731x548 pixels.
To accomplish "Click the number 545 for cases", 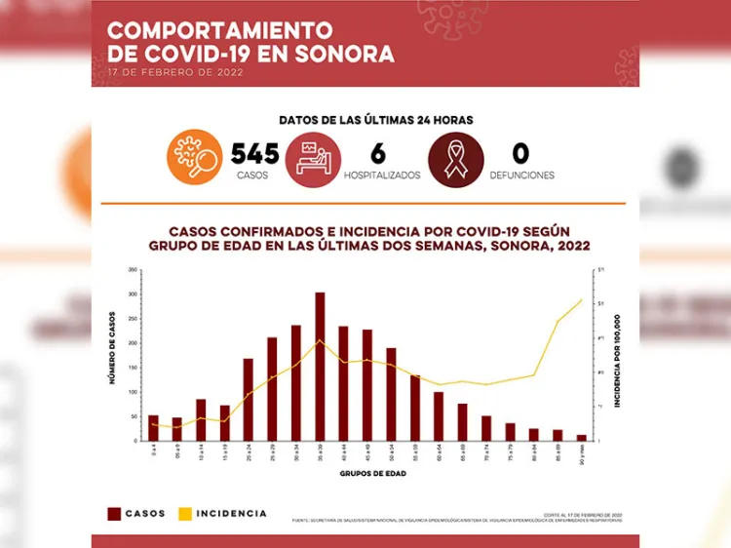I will click(254, 154).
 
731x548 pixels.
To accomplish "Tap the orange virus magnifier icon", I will click(195, 157).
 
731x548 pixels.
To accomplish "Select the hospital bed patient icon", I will click(313, 157).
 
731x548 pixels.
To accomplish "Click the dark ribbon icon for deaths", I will click(456, 157).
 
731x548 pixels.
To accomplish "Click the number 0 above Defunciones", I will click(520, 154).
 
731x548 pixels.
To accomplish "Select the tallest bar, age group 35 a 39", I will click(320, 366).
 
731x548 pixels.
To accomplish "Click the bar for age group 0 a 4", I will click(153, 428).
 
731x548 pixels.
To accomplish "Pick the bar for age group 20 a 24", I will click(249, 399).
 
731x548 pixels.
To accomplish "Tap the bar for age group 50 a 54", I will click(391, 394).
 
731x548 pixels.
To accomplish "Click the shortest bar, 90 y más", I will click(582, 438).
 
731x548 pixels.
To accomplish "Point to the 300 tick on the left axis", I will click(132, 294).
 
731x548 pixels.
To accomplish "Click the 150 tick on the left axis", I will click(132, 368).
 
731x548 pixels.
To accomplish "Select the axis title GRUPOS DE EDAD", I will click(367, 474).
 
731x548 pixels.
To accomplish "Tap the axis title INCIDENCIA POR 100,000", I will click(617, 356).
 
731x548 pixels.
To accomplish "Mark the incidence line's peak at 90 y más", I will click(582, 300).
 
